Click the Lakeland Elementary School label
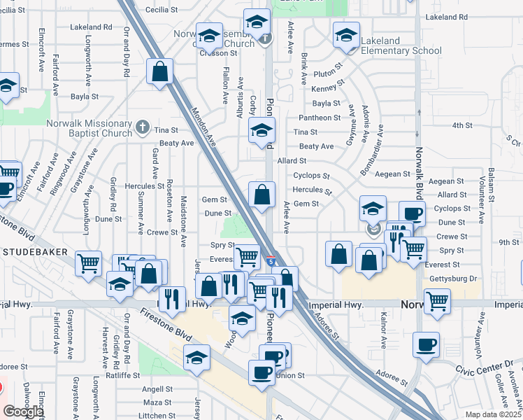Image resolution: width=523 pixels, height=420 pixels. click(401, 50)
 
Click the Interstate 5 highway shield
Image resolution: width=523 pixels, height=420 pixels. click(271, 262)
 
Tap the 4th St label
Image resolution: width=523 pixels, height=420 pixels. click(462, 125)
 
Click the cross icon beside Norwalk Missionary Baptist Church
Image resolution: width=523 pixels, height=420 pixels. click(143, 127)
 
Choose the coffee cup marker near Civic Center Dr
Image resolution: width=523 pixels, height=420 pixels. click(426, 344)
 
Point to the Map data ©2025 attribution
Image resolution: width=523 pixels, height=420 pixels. click(492, 415)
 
